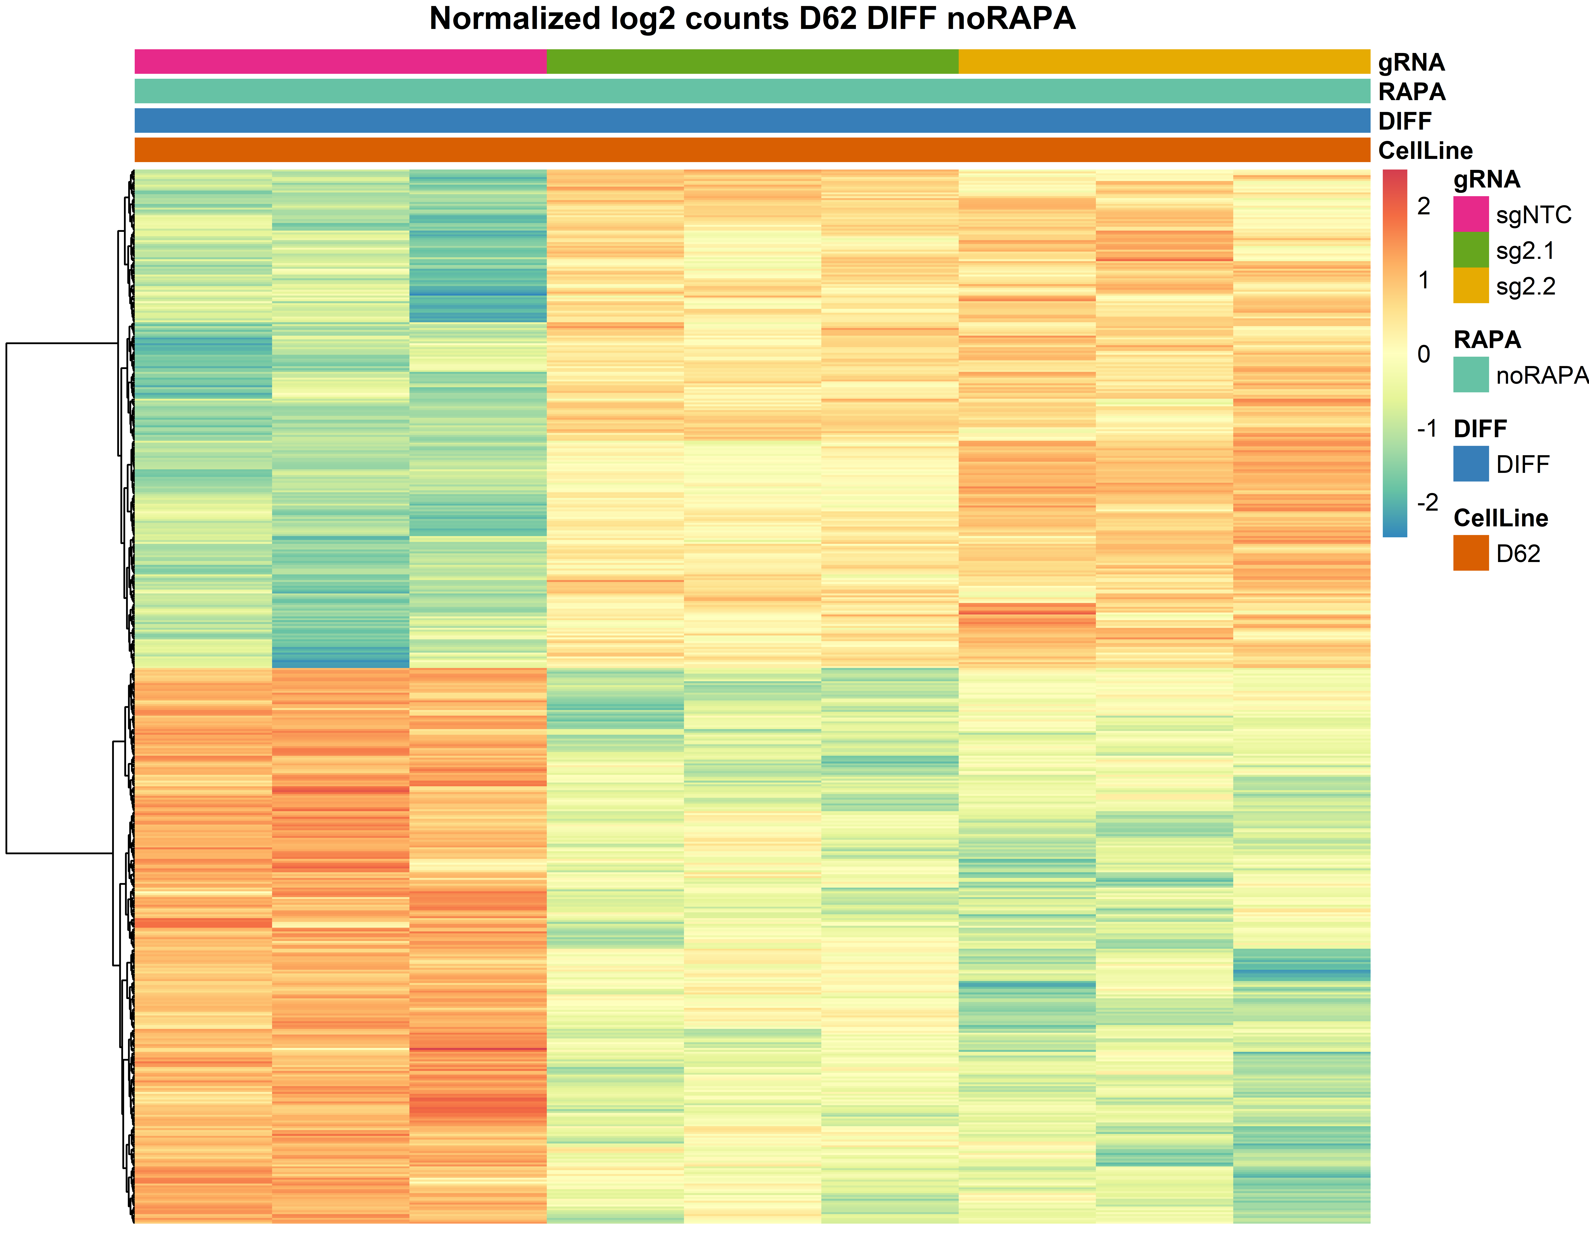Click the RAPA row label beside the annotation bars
(x=1412, y=92)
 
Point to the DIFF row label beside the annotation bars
(x=1404, y=121)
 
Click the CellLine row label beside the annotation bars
(x=1425, y=151)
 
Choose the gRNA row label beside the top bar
(x=1411, y=63)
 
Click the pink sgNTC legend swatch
(x=1470, y=214)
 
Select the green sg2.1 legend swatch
(x=1470, y=249)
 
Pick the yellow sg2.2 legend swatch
(x=1470, y=285)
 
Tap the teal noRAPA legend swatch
(x=1470, y=375)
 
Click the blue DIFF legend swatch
(x=1470, y=463)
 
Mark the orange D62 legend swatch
(x=1470, y=553)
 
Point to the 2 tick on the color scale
(x=1423, y=207)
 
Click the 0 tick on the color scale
(x=1423, y=354)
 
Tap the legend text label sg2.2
(x=1525, y=286)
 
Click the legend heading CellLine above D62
(x=1500, y=518)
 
